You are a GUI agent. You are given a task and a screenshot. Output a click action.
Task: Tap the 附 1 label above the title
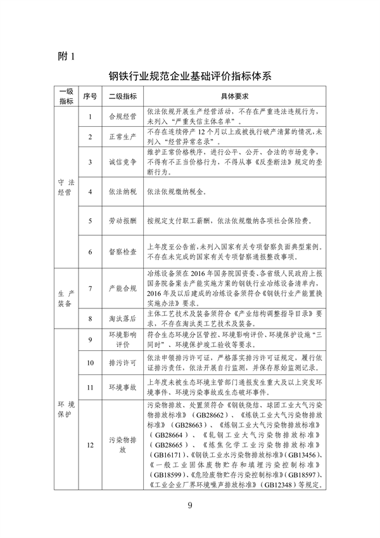click(x=65, y=56)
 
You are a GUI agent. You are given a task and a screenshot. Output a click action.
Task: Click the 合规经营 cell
click(x=123, y=116)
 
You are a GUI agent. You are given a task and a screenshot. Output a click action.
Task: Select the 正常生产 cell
click(x=123, y=137)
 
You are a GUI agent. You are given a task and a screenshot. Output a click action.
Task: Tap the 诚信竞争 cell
click(x=123, y=162)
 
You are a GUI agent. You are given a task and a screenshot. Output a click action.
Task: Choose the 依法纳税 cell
click(x=123, y=191)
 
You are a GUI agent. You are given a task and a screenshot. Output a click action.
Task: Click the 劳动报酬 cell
click(x=123, y=221)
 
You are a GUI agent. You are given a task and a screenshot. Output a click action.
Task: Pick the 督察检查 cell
click(x=123, y=251)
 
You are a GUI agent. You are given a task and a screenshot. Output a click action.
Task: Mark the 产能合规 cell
click(x=123, y=288)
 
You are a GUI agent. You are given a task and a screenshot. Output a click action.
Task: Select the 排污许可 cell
click(x=123, y=362)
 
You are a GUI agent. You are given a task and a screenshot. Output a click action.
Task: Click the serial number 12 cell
click(x=91, y=444)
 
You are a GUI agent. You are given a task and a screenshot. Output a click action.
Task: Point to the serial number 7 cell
click(x=91, y=288)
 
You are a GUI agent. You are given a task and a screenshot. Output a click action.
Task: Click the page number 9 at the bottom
click(x=190, y=505)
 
